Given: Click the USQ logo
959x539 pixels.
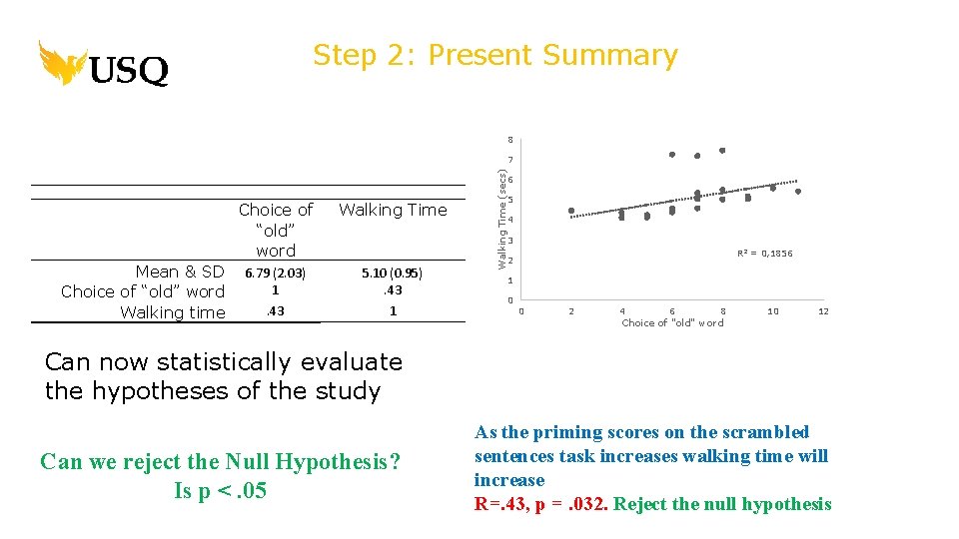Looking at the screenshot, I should (104, 64).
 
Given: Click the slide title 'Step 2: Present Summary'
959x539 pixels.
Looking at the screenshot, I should (494, 55).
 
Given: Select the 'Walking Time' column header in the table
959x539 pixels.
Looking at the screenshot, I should (393, 210).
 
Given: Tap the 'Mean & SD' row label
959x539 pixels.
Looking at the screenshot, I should (180, 271).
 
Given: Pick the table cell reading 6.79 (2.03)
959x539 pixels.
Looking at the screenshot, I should (275, 272).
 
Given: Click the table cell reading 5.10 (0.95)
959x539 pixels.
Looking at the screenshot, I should (393, 272).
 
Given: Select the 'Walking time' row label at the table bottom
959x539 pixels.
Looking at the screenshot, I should (173, 312).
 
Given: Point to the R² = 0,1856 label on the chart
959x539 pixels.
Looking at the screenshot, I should (765, 254).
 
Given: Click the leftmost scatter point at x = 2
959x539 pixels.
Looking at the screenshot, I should (571, 211).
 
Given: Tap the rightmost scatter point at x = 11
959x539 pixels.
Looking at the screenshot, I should (798, 191).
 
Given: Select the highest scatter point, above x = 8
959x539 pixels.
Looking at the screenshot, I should (722, 151).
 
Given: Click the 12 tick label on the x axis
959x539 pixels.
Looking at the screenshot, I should (823, 311).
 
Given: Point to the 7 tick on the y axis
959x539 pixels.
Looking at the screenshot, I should (509, 161).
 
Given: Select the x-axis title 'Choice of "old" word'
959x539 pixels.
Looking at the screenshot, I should (672, 323).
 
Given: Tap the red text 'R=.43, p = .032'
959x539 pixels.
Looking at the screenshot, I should (540, 504).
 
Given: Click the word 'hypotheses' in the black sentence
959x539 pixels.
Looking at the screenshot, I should (153, 391).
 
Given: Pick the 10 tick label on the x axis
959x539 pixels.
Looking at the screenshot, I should (773, 311).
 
